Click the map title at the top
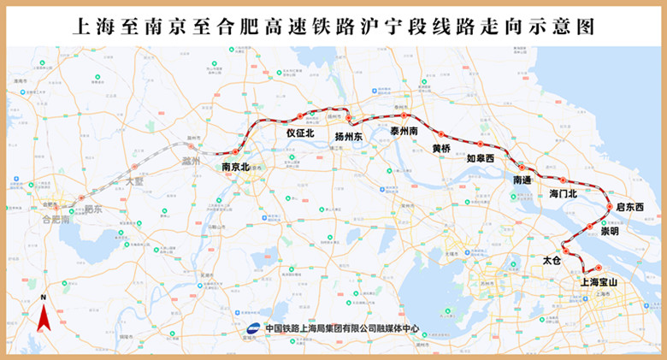pos(333,26)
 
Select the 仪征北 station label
pos(300,133)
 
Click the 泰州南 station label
pos(404,131)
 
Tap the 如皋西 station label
pos(480,157)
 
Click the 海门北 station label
pos(564,193)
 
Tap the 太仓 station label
pos(552,258)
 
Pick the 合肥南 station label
pos(56,219)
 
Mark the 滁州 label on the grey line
pos(189,161)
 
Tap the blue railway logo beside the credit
pos(253,329)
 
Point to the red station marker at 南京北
pos(235,152)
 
